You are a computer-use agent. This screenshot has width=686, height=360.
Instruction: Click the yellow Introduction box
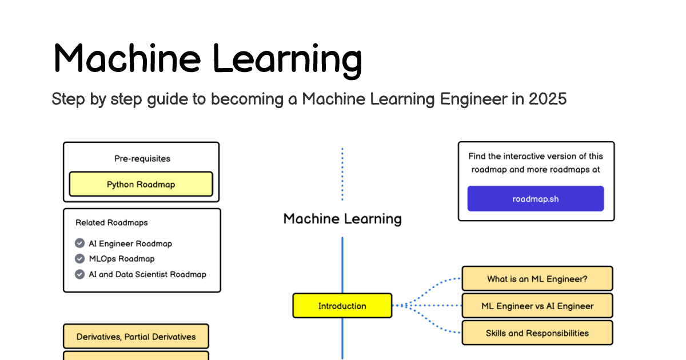[x=342, y=306]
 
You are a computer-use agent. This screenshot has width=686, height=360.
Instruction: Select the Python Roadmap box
[x=141, y=185]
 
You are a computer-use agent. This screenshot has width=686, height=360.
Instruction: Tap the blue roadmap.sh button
[x=535, y=199]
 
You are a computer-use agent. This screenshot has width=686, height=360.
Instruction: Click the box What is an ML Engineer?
[x=537, y=279]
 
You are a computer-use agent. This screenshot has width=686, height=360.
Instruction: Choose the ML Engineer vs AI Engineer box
[x=537, y=306]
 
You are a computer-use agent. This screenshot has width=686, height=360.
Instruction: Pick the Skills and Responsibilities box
[x=537, y=333]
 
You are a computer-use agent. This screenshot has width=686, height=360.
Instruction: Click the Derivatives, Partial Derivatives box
[x=135, y=337]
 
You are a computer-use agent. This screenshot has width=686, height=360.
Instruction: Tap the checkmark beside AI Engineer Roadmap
[x=80, y=243]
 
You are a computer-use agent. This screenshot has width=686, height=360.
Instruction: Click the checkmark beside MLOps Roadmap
[x=80, y=259]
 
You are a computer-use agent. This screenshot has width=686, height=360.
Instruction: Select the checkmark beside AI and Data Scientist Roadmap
[x=80, y=274]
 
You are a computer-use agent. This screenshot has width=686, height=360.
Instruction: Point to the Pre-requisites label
[x=142, y=158]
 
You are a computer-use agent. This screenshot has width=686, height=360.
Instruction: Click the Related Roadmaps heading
[x=111, y=222]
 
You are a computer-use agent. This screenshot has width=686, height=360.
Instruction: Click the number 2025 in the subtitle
[x=547, y=99]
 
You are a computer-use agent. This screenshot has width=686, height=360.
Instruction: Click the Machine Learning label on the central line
[x=342, y=218]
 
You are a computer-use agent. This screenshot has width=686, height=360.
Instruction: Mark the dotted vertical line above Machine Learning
[x=342, y=174]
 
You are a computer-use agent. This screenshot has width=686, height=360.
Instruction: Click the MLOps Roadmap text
[x=122, y=259]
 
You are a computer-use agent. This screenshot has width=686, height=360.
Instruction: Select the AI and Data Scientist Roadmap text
[x=147, y=274]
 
